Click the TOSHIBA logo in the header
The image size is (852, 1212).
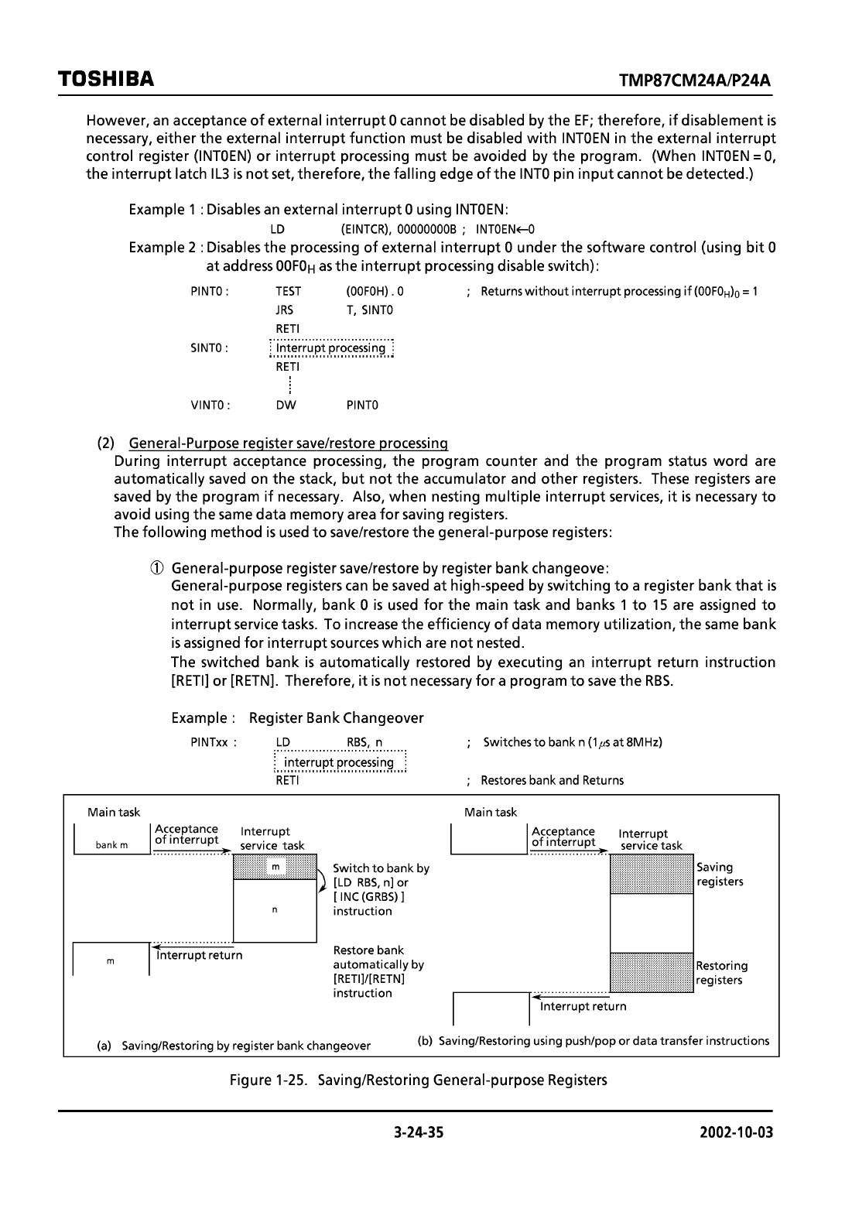105,80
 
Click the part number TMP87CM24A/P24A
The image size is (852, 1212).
696,81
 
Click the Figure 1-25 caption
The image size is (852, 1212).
418,1080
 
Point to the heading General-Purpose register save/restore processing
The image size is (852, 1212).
288,443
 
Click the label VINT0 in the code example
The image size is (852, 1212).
210,405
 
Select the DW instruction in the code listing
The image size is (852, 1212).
286,405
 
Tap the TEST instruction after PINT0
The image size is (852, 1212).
288,292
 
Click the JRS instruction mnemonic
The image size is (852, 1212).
284,310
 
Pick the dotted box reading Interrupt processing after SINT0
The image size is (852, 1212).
331,348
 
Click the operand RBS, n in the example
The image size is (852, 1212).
364,742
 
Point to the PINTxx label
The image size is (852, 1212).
213,742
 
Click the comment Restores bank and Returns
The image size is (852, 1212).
552,780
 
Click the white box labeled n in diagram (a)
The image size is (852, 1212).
275,910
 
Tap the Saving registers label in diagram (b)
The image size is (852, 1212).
720,875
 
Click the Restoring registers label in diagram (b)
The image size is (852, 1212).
721,973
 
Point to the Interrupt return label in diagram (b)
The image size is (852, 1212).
583,1006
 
